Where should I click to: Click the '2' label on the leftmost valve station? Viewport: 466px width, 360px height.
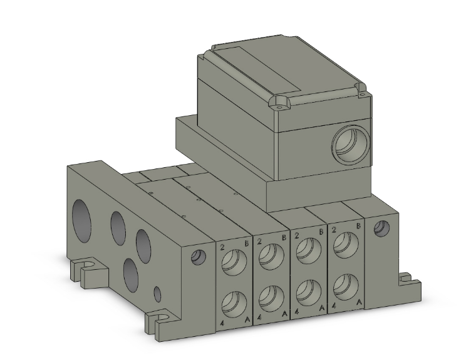coord(222,247)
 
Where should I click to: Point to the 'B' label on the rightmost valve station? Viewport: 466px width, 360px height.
coord(358,225)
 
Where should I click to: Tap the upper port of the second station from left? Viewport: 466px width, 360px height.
coord(271,252)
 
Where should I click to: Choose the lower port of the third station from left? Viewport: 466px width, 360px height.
coord(308,290)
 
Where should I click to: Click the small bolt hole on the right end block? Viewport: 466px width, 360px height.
coord(379,229)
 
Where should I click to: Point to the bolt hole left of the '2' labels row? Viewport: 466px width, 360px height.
coord(199,256)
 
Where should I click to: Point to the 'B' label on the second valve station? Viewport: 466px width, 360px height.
coord(284,237)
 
